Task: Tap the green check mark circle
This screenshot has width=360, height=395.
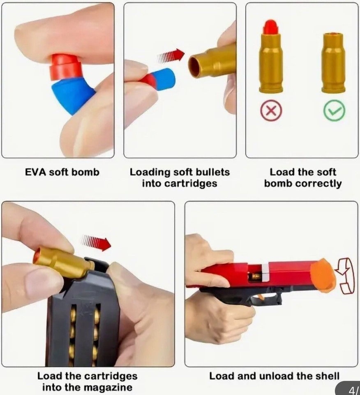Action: pyautogui.click(x=334, y=111)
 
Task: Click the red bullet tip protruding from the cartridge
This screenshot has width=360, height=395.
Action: pyautogui.click(x=271, y=27)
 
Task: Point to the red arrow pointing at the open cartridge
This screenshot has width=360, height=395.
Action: pyautogui.click(x=171, y=56)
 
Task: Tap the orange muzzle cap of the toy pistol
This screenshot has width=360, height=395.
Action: pyautogui.click(x=323, y=275)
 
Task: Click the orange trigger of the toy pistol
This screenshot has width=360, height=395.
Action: pyautogui.click(x=260, y=297)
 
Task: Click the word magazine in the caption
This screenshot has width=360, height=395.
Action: pyautogui.click(x=110, y=387)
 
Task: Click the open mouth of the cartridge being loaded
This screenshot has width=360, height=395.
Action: pyautogui.click(x=194, y=67)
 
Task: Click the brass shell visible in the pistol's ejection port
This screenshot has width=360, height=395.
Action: pyautogui.click(x=256, y=276)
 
